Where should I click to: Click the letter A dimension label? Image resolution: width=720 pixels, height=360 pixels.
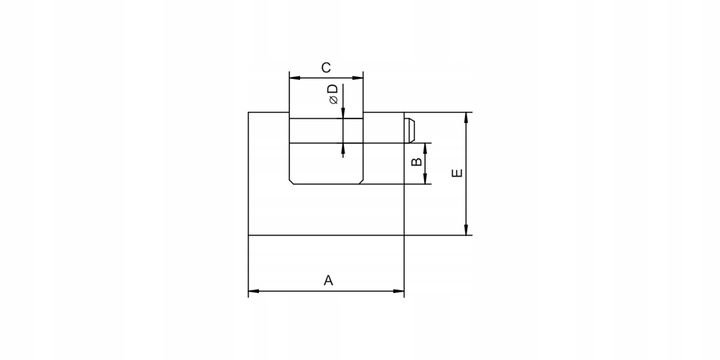[328, 280]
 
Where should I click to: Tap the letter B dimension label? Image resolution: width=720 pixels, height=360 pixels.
[416, 162]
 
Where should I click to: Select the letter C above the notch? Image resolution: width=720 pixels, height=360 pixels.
[325, 68]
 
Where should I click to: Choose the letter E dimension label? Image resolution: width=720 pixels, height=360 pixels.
[457, 172]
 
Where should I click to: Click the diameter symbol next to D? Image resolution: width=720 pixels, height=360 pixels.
[333, 101]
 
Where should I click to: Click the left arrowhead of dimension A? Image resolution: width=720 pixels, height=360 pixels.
[253, 290]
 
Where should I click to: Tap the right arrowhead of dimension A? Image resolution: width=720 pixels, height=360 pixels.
[400, 290]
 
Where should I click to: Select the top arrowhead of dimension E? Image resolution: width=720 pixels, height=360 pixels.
[466, 117]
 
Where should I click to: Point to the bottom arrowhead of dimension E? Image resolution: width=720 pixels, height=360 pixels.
[466, 230]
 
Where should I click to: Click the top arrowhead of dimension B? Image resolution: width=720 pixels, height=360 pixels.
[426, 148]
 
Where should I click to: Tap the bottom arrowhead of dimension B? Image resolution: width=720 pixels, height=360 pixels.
[426, 179]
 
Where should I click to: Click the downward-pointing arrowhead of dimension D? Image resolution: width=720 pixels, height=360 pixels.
[343, 114]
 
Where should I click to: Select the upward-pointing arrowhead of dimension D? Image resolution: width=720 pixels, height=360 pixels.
[343, 148]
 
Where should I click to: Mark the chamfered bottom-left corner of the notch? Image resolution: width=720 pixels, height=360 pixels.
[292, 181]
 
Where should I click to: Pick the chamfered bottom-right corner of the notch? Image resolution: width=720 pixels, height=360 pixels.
[361, 181]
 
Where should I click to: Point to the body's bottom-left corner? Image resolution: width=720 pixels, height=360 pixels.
[248, 234]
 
